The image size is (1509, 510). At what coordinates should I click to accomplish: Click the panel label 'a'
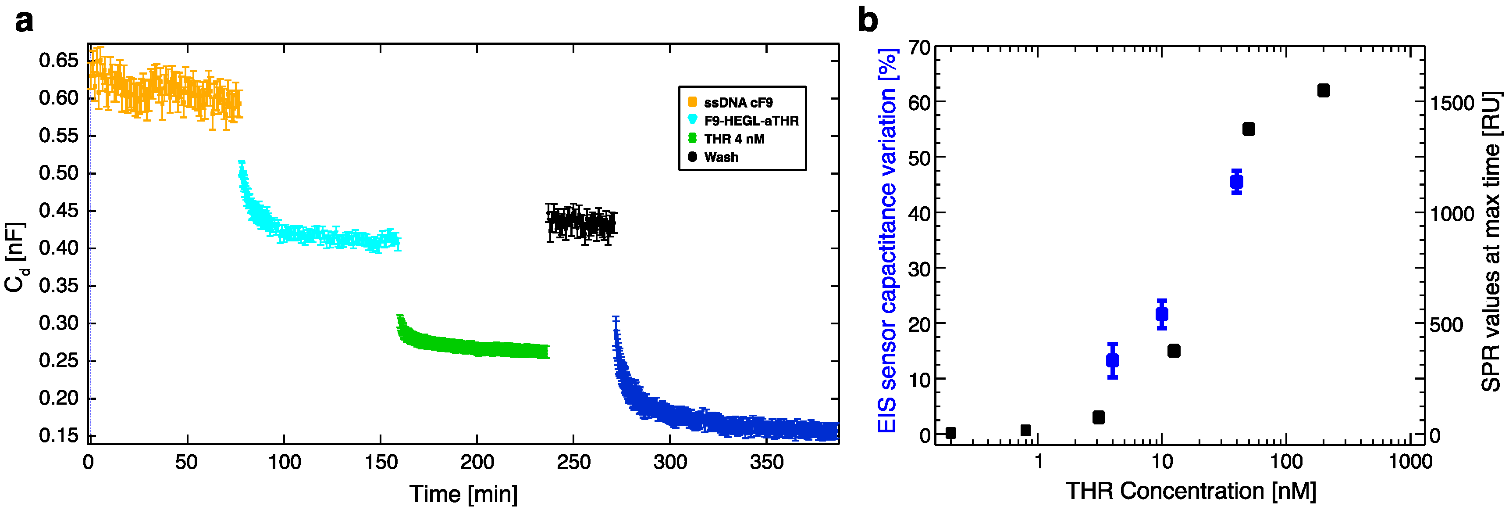point(24,22)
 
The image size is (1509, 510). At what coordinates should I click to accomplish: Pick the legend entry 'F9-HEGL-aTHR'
point(751,121)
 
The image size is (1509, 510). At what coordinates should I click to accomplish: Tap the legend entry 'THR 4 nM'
point(733,139)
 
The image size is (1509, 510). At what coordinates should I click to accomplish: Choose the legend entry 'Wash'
point(721,157)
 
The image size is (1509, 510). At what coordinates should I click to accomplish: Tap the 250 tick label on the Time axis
point(573,463)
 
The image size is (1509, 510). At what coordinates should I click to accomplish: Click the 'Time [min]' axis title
point(463,494)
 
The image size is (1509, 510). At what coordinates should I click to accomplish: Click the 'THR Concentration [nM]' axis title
point(1190,491)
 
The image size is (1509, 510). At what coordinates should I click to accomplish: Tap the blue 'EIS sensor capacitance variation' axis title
point(887,241)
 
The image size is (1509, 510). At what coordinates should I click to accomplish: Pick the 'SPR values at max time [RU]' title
point(1491,241)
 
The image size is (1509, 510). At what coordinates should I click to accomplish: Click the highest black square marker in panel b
point(1323,90)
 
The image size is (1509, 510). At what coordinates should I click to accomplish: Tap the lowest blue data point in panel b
point(1112,360)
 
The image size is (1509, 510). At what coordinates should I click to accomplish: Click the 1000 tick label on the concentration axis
point(1410,462)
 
